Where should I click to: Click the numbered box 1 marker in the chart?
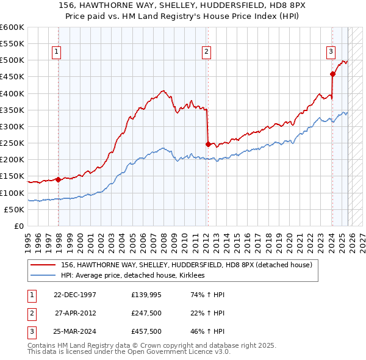click(x=56, y=52)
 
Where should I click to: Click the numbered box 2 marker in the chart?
click(x=207, y=52)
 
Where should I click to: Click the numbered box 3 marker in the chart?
click(x=331, y=52)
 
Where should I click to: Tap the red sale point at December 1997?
click(x=59, y=179)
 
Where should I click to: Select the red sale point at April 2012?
click(x=208, y=144)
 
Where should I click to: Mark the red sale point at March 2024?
click(x=332, y=74)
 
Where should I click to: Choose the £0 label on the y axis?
click(x=19, y=226)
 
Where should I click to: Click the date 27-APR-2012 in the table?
click(x=76, y=313)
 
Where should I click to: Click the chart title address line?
click(x=183, y=7)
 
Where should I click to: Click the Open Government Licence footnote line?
click(x=120, y=353)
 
